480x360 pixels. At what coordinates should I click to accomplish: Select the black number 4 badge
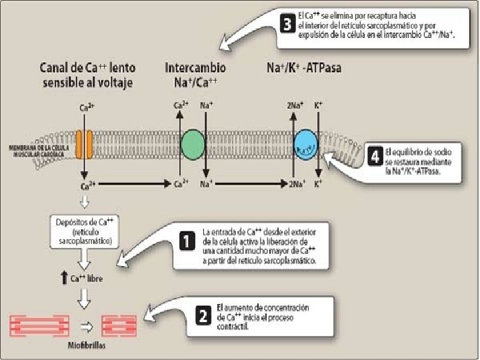(375, 157)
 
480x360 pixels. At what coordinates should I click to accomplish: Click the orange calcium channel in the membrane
(84, 144)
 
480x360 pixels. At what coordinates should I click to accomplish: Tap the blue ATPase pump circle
(307, 144)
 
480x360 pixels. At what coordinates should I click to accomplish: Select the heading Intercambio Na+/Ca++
(195, 75)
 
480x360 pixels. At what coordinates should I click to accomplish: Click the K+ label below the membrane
(319, 183)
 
